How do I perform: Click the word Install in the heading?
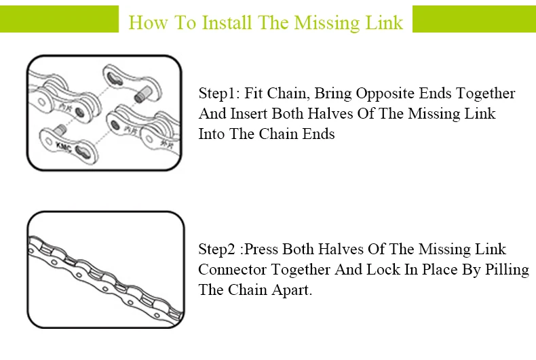pyautogui.click(x=227, y=22)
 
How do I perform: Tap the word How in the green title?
pyautogui.click(x=148, y=22)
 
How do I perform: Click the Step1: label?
pyautogui.click(x=219, y=94)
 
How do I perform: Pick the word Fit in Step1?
pyautogui.click(x=253, y=94)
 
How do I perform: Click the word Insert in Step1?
pyautogui.click(x=248, y=113)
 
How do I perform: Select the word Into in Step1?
pyautogui.click(x=212, y=134)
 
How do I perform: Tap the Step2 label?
pyautogui.click(x=216, y=249)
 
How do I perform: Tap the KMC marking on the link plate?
pyautogui.click(x=64, y=147)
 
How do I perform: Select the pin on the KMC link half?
pyautogui.click(x=60, y=130)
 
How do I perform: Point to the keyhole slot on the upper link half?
pyautogui.click(x=115, y=79)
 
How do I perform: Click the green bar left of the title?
pyautogui.click(x=59, y=19)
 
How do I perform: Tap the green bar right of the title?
pyautogui.click(x=474, y=19)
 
